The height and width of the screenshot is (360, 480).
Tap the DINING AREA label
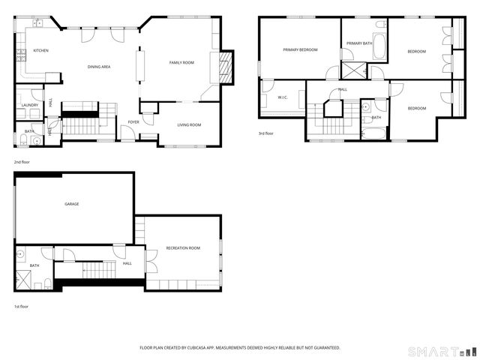pos(99,67)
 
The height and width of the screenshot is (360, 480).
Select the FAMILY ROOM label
pos(181,62)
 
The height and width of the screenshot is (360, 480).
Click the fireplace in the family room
pos(223,67)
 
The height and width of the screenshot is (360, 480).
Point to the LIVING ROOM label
pos(189,124)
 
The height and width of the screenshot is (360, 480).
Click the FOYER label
pos(133,121)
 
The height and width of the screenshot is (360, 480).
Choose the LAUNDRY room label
pos(30,105)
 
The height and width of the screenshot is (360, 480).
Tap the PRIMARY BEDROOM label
pos(300,49)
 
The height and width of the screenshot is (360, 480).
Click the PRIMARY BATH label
pos(359,43)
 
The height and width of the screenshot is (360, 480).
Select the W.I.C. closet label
pos(283,97)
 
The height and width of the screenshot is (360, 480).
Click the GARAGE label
pos(72,204)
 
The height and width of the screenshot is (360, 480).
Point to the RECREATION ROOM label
pos(183,247)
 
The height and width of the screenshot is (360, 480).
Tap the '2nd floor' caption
pos(22,161)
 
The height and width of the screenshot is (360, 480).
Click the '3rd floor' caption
pos(265,134)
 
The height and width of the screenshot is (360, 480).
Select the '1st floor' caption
pos(22,307)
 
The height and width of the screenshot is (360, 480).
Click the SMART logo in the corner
pos(441,350)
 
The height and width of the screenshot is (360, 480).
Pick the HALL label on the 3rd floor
pos(342,89)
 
